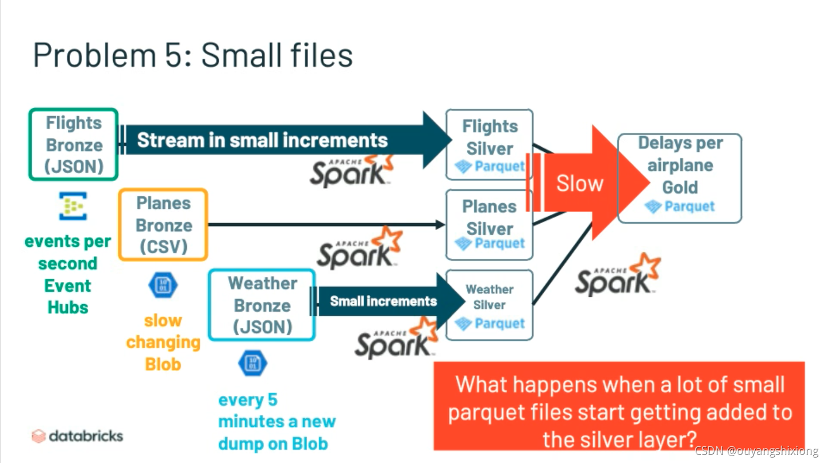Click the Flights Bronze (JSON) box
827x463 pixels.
(74, 144)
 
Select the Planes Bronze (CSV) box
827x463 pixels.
(163, 224)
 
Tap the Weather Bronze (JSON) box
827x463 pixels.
(262, 305)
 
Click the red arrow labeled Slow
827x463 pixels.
(580, 183)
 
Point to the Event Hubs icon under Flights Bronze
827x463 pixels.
(73, 206)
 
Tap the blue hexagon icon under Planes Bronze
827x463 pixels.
(163, 285)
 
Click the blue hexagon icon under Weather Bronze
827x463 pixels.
(252, 363)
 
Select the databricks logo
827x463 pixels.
(78, 435)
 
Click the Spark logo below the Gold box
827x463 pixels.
(617, 275)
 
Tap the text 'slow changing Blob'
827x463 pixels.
(163, 342)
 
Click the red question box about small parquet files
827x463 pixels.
(618, 406)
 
